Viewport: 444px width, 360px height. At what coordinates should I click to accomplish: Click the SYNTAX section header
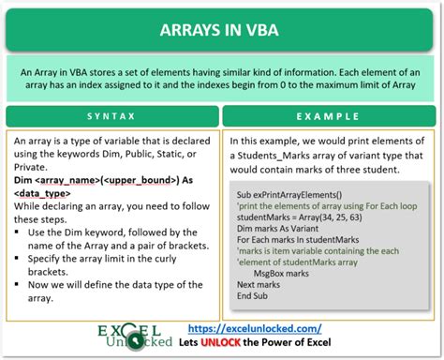click(x=111, y=117)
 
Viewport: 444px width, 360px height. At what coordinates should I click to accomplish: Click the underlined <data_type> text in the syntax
click(x=47, y=192)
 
